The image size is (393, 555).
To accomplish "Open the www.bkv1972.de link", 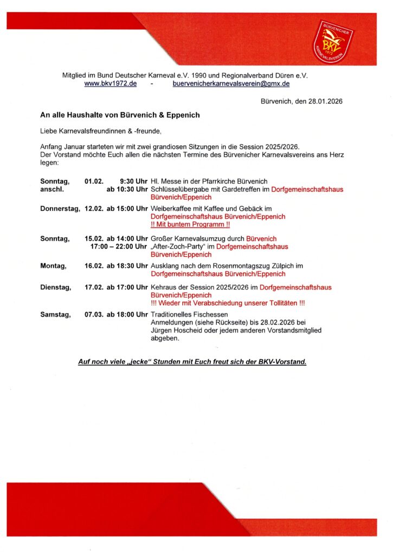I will click(110, 84).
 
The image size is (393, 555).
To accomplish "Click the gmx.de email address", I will click(231, 84).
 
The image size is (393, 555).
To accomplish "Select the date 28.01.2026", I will click(326, 101).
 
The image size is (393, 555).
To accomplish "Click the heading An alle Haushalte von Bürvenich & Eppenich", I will click(120, 115).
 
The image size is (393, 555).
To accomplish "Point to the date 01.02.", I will click(94, 181).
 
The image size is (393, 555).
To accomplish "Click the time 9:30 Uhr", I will click(134, 181).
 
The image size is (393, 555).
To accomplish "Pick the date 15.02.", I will click(94, 238).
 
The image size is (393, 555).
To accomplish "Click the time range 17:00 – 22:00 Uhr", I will click(119, 247).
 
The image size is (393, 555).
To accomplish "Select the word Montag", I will click(53, 266).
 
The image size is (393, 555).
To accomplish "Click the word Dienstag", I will click(55, 287).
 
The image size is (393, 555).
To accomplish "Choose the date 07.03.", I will click(94, 314).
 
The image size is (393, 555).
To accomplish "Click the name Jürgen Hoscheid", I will click(177, 331).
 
